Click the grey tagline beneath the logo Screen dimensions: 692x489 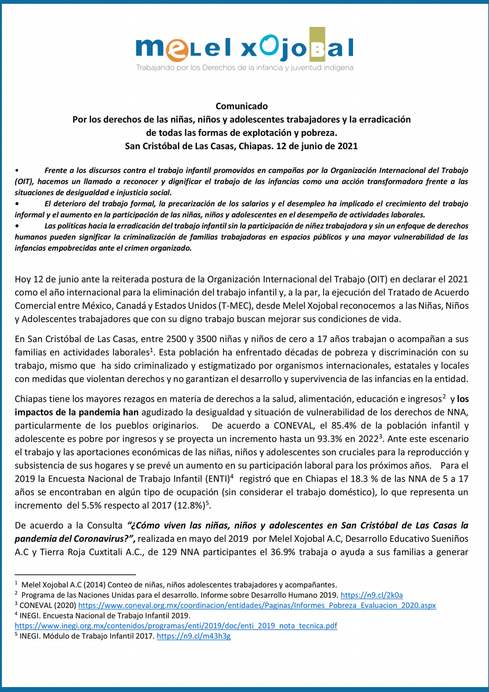pyautogui.click(x=244, y=68)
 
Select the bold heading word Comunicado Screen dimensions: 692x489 pyautogui.click(x=241, y=106)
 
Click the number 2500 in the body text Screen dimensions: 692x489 pyautogui.click(x=176, y=339)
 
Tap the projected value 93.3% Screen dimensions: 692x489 pyautogui.click(x=329, y=439)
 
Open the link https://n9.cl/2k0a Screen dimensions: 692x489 pyautogui.click(x=371, y=595)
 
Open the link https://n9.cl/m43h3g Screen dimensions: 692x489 pyautogui.click(x=194, y=636)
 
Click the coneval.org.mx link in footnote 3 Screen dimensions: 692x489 pyautogui.click(x=257, y=605)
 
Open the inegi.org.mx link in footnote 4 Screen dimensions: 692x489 pyautogui.click(x=176, y=626)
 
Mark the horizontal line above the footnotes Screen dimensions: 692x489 pyautogui.click(x=75, y=574)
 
